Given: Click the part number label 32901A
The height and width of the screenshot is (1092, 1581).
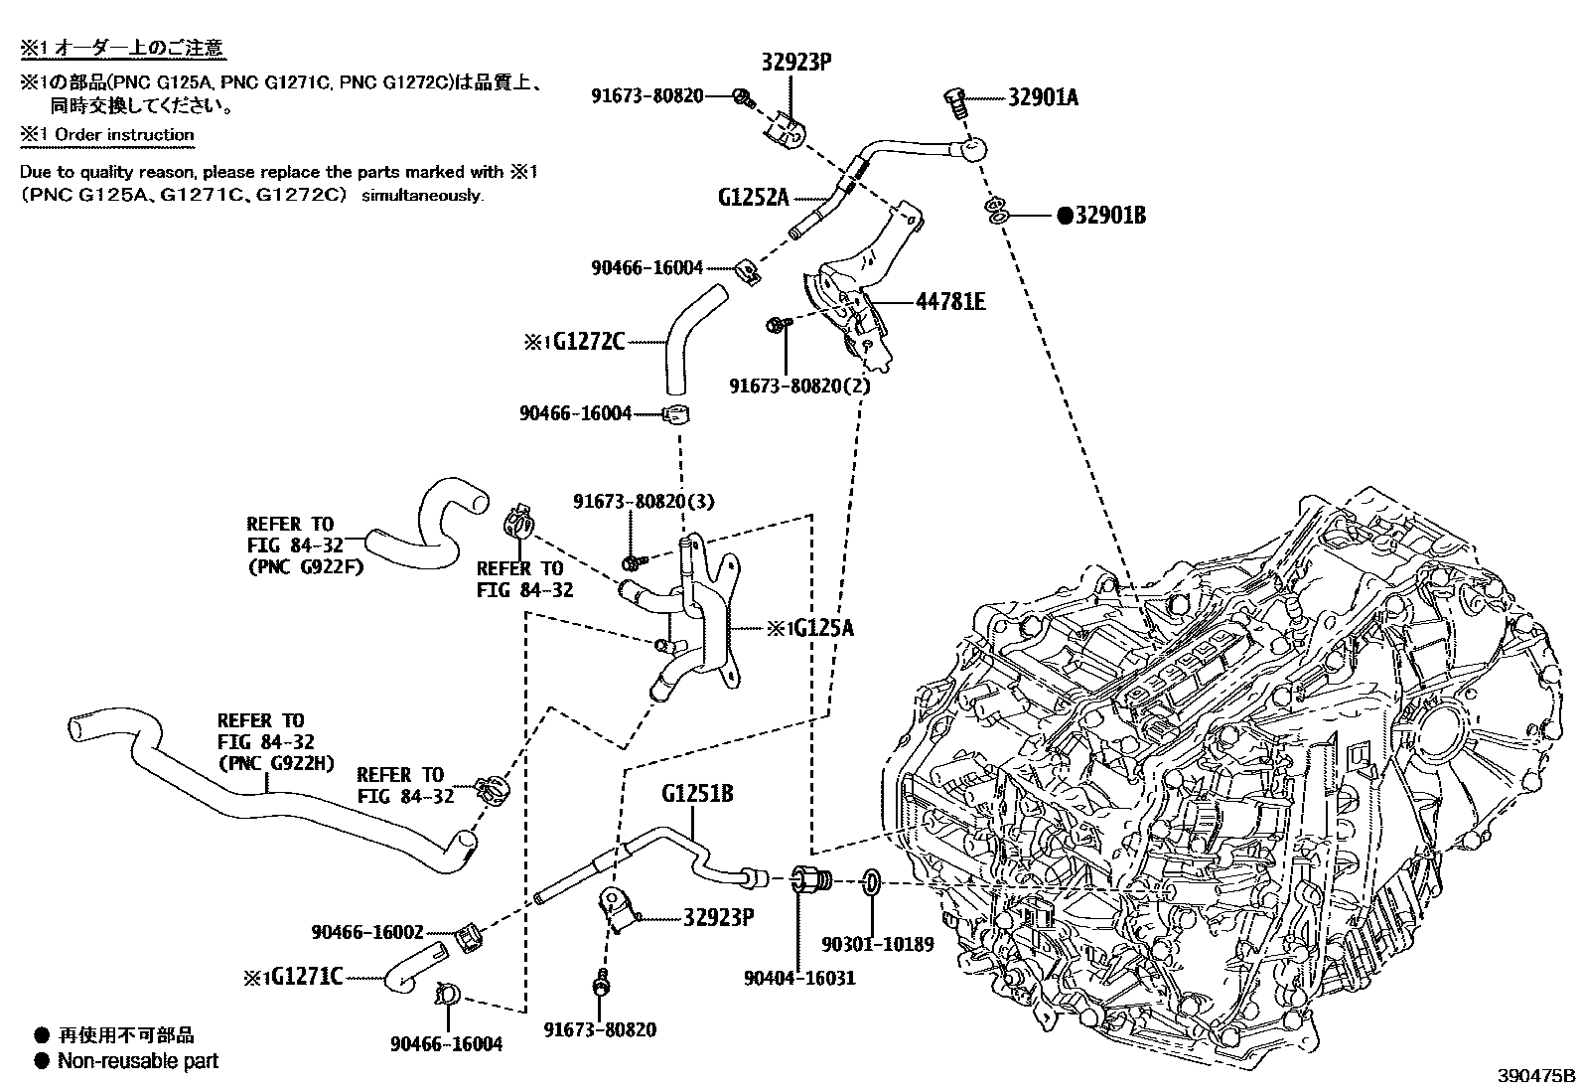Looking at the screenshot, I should [1043, 97].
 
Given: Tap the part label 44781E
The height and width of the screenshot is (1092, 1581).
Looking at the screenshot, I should [949, 301].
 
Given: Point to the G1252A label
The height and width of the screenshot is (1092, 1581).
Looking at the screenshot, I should [753, 197].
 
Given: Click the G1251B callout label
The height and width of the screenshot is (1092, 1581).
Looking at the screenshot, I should [697, 794].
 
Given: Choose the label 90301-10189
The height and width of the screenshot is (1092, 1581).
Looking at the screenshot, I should [878, 944].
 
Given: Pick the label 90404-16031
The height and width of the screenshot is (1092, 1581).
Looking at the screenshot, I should [799, 978].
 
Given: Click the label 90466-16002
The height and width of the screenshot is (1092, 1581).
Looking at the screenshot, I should [366, 932].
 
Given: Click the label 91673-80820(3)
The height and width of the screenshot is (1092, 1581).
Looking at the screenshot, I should [643, 502].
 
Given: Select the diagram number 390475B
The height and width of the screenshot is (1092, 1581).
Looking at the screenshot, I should [1536, 1076].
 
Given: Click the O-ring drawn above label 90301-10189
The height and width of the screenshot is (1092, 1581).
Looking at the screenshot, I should [870, 881].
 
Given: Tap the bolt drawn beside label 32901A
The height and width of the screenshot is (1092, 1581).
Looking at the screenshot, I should [954, 101].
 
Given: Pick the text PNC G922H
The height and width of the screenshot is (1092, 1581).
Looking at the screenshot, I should [275, 763].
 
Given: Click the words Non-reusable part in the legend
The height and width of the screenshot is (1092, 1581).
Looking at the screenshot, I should [137, 1061].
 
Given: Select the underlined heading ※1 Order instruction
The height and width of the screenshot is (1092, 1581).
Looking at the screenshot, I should [107, 134].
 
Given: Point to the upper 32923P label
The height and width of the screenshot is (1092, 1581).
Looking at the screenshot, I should [796, 62].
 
